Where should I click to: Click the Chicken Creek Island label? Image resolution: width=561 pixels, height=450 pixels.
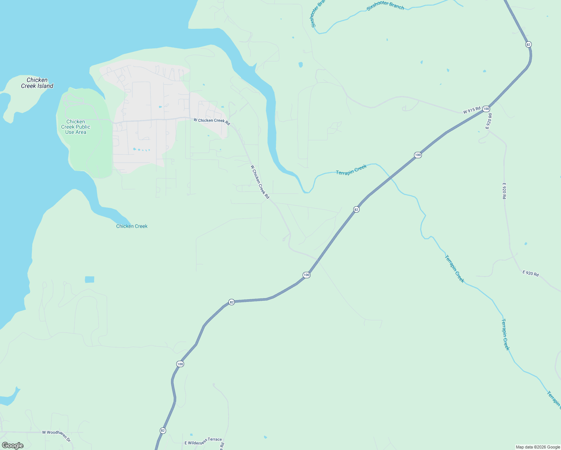(x=37, y=83)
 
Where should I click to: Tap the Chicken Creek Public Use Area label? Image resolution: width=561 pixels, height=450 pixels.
(x=76, y=127)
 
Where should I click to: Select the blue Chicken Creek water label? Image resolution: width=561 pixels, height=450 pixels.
(x=132, y=226)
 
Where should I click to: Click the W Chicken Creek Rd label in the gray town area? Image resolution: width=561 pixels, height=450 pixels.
(x=211, y=121)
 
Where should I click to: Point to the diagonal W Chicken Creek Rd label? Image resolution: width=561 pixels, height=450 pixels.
(x=260, y=182)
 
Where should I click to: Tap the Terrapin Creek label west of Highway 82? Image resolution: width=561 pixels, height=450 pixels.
(x=351, y=170)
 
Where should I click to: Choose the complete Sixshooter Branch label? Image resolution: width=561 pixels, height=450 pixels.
(x=385, y=5)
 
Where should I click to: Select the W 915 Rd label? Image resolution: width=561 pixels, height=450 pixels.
(x=471, y=110)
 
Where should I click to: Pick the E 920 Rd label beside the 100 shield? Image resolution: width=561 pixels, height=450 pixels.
(x=489, y=121)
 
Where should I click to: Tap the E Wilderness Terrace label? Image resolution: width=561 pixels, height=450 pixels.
(x=203, y=441)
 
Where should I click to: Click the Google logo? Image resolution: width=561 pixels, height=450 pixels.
(x=12, y=445)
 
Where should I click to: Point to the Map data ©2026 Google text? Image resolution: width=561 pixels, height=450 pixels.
(x=538, y=447)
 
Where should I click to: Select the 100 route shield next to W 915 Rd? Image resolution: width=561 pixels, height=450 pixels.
(x=486, y=109)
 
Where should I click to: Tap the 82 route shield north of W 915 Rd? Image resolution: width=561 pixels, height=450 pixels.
(x=528, y=44)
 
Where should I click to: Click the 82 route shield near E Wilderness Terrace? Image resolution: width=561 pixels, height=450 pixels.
(x=162, y=430)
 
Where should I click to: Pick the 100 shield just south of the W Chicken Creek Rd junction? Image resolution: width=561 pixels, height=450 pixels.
(x=306, y=275)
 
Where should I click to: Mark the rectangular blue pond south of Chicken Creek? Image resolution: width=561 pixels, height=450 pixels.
(x=89, y=279)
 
